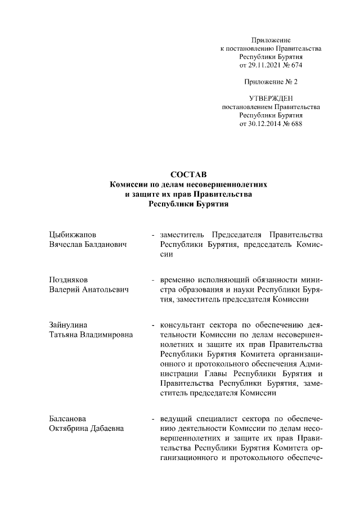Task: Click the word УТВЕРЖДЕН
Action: [271, 98]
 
